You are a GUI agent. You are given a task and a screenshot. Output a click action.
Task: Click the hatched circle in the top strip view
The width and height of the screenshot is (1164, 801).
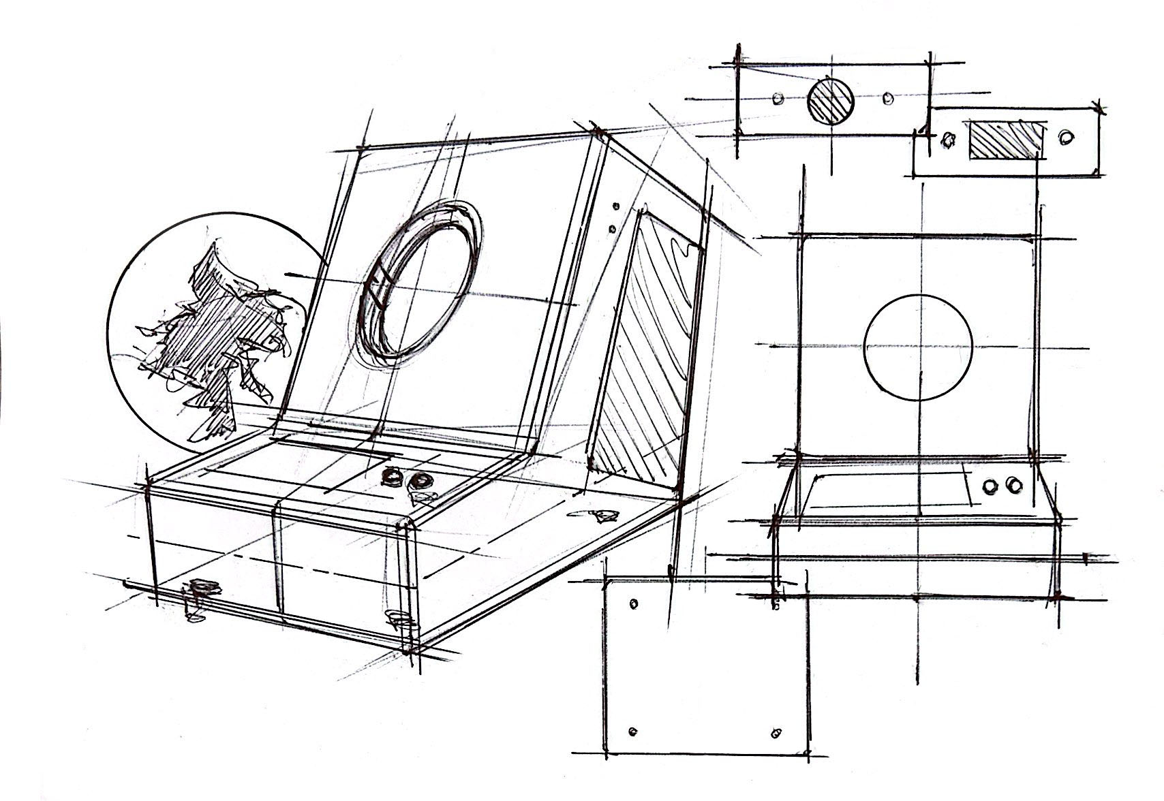(x=830, y=100)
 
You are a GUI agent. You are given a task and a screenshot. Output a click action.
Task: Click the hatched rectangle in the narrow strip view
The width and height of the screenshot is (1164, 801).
(x=1006, y=141)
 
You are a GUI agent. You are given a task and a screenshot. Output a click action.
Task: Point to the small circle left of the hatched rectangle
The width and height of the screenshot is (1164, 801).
(x=947, y=140)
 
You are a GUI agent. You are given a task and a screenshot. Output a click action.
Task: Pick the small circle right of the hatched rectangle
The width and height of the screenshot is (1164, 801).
(x=1065, y=138)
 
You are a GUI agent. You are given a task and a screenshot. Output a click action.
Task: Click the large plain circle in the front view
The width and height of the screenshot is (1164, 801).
(x=917, y=347)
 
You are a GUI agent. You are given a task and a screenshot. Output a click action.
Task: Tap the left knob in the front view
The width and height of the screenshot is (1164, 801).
(x=989, y=486)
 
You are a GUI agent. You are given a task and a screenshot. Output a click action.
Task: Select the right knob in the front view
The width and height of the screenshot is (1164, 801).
(x=1013, y=485)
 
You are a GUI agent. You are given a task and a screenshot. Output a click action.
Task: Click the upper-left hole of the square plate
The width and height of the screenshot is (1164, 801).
(x=634, y=604)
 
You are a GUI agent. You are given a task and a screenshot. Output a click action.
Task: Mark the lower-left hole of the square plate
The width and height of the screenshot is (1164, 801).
(x=633, y=732)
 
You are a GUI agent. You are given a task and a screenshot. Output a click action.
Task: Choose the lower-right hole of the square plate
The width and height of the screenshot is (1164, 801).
(x=775, y=733)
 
